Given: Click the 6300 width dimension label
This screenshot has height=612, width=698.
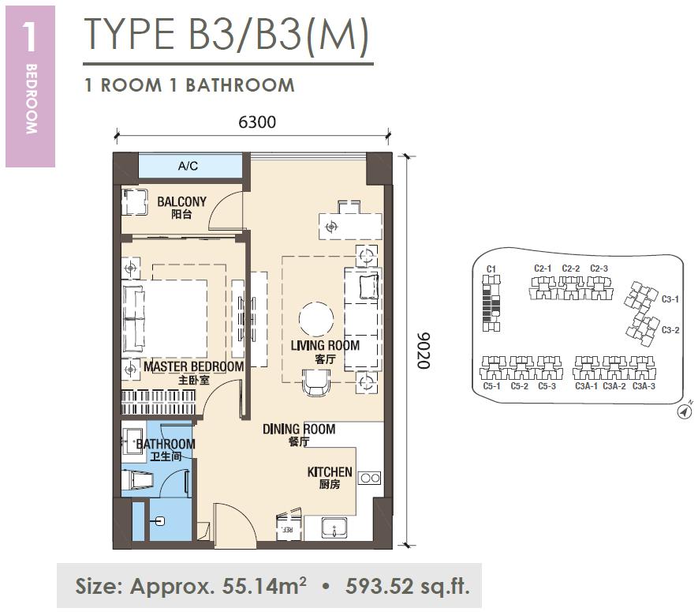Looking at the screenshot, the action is [257, 122].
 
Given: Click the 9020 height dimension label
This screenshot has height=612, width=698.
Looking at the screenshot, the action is [424, 351].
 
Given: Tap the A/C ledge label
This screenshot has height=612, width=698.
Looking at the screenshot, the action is [188, 167].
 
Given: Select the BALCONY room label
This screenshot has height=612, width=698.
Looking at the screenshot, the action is [181, 201].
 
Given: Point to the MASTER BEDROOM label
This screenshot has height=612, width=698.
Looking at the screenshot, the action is [194, 367].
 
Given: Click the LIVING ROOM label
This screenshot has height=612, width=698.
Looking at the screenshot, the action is [325, 345].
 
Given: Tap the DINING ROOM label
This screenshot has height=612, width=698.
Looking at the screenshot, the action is [299, 430].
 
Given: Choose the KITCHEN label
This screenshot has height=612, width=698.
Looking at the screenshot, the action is [330, 472].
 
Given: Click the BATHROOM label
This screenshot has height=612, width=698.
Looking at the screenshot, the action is [166, 444].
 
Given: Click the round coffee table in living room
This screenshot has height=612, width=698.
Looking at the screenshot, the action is [316, 319].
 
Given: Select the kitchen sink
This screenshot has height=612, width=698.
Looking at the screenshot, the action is [334, 528].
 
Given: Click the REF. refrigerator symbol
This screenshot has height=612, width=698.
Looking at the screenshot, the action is [288, 528].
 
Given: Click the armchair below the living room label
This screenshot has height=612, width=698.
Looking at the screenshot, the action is [316, 383].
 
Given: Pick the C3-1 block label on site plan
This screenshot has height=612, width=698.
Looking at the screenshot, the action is [670, 299].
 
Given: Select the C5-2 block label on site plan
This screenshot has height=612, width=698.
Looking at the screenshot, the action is [519, 386].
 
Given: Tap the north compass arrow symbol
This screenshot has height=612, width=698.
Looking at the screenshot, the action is [685, 411].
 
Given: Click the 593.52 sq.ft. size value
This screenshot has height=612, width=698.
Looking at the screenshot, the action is [407, 586].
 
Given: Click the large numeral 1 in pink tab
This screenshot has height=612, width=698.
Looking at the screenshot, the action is [29, 36].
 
